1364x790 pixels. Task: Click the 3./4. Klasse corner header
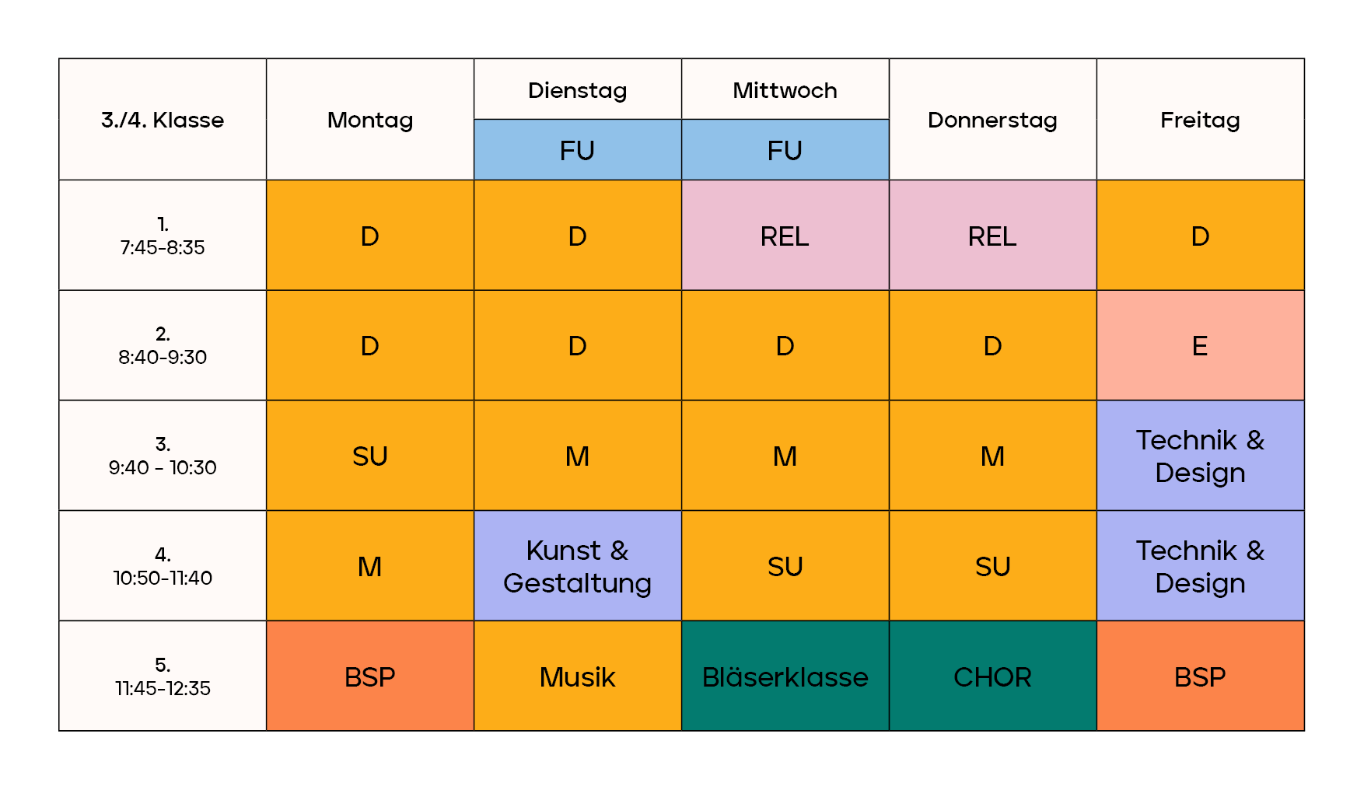coord(163,120)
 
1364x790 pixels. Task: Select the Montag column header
coord(370,120)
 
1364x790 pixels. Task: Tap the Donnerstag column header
coord(992,120)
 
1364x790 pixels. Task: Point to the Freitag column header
coord(1200,120)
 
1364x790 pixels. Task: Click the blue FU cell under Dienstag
coord(577,150)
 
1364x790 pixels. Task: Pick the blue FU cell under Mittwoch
coord(785,150)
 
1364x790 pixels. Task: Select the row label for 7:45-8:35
coord(163,236)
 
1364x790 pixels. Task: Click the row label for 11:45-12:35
coord(163,676)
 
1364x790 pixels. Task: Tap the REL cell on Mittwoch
coord(785,236)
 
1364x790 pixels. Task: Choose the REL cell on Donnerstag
coord(992,236)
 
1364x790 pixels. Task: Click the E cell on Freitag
coord(1200,346)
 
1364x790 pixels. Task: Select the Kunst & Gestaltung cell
coord(577,566)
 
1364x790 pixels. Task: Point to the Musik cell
coord(577,676)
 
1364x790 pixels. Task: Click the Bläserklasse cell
coord(785,676)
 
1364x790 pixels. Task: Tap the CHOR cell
coord(992,676)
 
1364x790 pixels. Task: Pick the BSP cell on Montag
coord(370,676)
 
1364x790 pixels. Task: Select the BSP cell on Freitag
coord(1200,676)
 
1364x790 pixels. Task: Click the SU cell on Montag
coord(370,456)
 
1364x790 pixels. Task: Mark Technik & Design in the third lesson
coord(1200,456)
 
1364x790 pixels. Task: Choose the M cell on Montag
coord(370,566)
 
